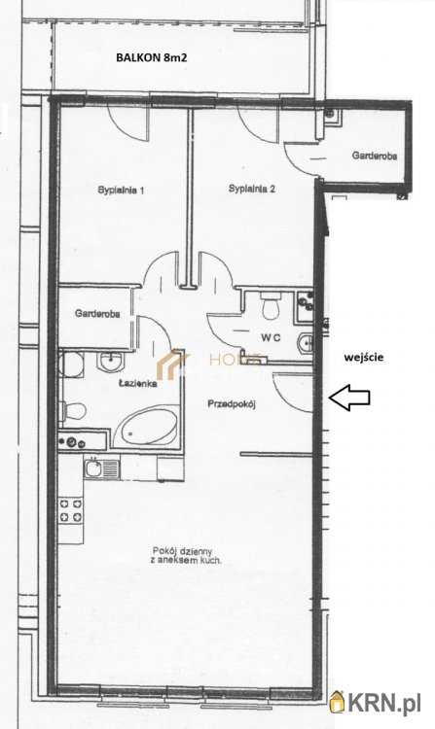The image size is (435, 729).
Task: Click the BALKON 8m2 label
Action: [x=152, y=57]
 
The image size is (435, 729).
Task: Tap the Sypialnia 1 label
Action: [x=121, y=191]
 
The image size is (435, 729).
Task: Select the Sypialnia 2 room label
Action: [x=252, y=189]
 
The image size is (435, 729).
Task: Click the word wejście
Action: [x=364, y=358]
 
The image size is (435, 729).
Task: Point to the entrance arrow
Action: [x=349, y=398]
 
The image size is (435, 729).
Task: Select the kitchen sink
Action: [x=101, y=468]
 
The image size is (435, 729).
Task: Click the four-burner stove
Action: [x=71, y=509]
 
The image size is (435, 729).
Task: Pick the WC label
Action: [x=271, y=338]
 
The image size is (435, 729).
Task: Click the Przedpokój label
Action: [x=232, y=404]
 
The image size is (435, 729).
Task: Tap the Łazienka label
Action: [x=137, y=384]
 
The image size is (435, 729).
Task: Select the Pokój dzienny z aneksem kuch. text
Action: [x=185, y=556]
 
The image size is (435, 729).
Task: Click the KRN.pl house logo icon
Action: [x=337, y=702]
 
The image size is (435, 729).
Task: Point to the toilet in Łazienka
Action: [x=73, y=411]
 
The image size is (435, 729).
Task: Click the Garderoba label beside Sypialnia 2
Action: [x=374, y=156]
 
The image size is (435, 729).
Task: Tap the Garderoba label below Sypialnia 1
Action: [x=97, y=314]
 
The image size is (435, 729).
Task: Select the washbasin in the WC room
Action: [x=306, y=343]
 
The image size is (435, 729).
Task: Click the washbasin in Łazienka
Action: [x=109, y=361]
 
